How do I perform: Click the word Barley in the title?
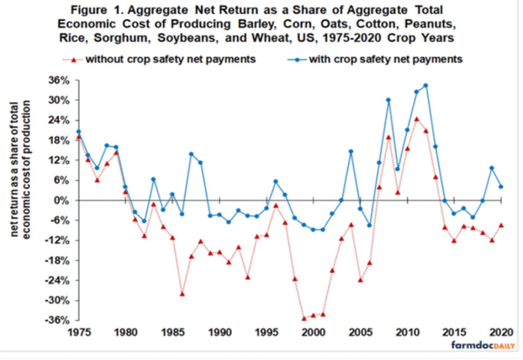[254, 24]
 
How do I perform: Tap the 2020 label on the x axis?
[501, 332]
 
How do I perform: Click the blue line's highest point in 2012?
[425, 85]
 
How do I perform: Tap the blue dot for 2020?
[500, 186]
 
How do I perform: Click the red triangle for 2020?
[500, 225]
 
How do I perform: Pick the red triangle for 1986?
[181, 293]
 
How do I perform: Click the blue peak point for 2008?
[388, 100]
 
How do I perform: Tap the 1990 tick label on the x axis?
[220, 332]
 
